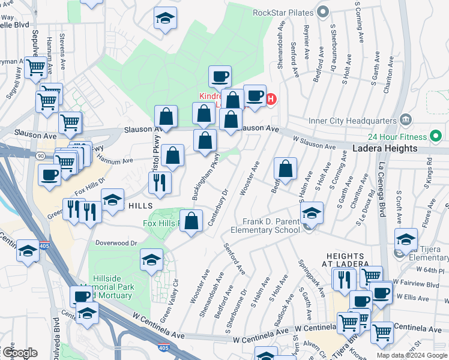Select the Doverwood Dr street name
click(x=116, y=243)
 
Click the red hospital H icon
click(x=270, y=98)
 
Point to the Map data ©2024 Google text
click(x=411, y=355)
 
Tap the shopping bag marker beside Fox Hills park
click(x=191, y=221)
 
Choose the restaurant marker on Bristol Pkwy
click(x=159, y=182)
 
